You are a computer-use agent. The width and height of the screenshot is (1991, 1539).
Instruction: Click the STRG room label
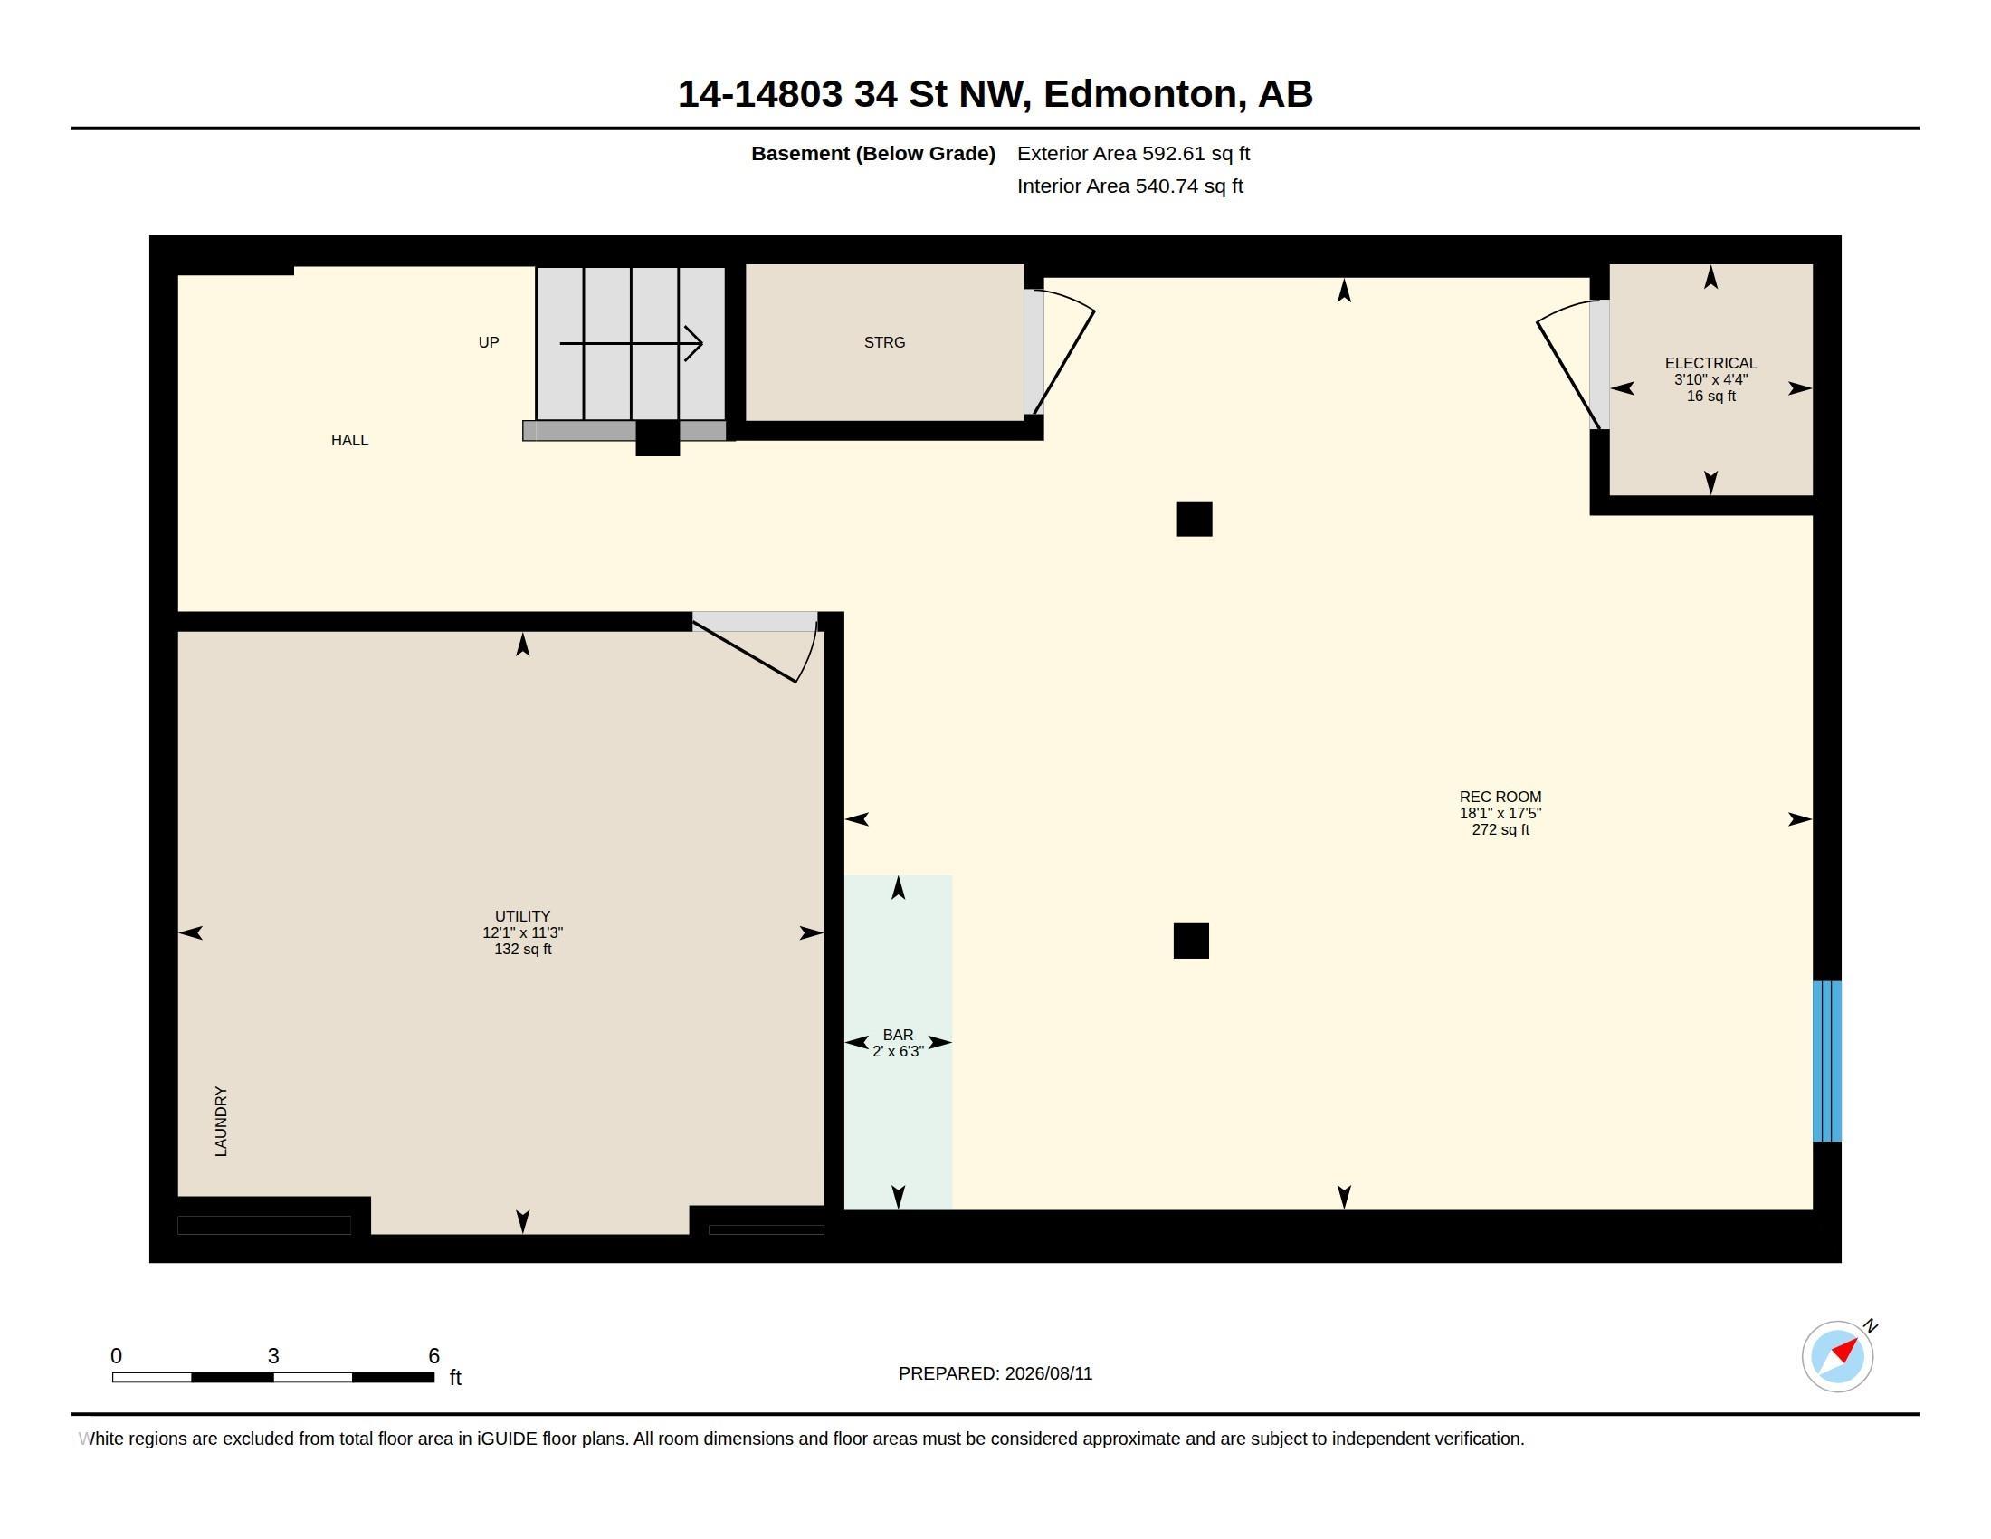[x=884, y=343]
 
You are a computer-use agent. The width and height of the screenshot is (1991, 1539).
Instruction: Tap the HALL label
[x=349, y=440]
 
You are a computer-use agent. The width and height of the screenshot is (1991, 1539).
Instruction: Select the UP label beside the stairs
[x=489, y=343]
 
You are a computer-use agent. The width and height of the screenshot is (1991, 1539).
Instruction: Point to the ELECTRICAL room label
[x=1710, y=363]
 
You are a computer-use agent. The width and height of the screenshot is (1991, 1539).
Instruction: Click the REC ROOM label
[x=1500, y=797]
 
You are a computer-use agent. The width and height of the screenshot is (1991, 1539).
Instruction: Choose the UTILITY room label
[x=522, y=916]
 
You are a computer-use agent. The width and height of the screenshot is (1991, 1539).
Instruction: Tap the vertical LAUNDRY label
[x=221, y=1122]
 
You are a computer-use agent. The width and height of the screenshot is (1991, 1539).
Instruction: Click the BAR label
[x=898, y=1035]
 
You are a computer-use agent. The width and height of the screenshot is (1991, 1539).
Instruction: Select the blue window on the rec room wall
[x=1827, y=1061]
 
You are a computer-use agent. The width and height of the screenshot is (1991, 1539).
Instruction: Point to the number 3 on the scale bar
[x=273, y=1356]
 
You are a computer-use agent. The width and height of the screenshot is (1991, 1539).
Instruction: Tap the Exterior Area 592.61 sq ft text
[x=1133, y=153]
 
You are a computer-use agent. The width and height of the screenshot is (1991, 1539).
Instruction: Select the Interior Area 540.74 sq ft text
[x=1129, y=186]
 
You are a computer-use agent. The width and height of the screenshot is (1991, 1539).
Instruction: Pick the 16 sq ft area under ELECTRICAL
[x=1710, y=396]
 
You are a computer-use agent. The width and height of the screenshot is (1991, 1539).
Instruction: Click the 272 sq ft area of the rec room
[x=1500, y=829]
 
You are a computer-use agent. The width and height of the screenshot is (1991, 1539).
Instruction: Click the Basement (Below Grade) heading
[x=872, y=153]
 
